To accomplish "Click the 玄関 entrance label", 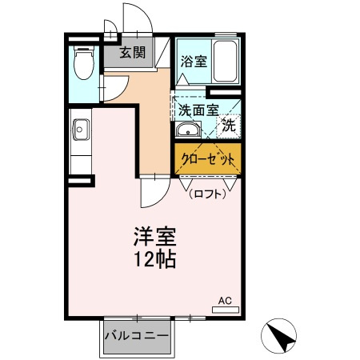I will [133, 54].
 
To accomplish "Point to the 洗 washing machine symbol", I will [229, 126].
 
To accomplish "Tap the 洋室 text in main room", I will [154, 237].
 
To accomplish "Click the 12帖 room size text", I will [154, 260].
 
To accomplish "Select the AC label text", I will [226, 301].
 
